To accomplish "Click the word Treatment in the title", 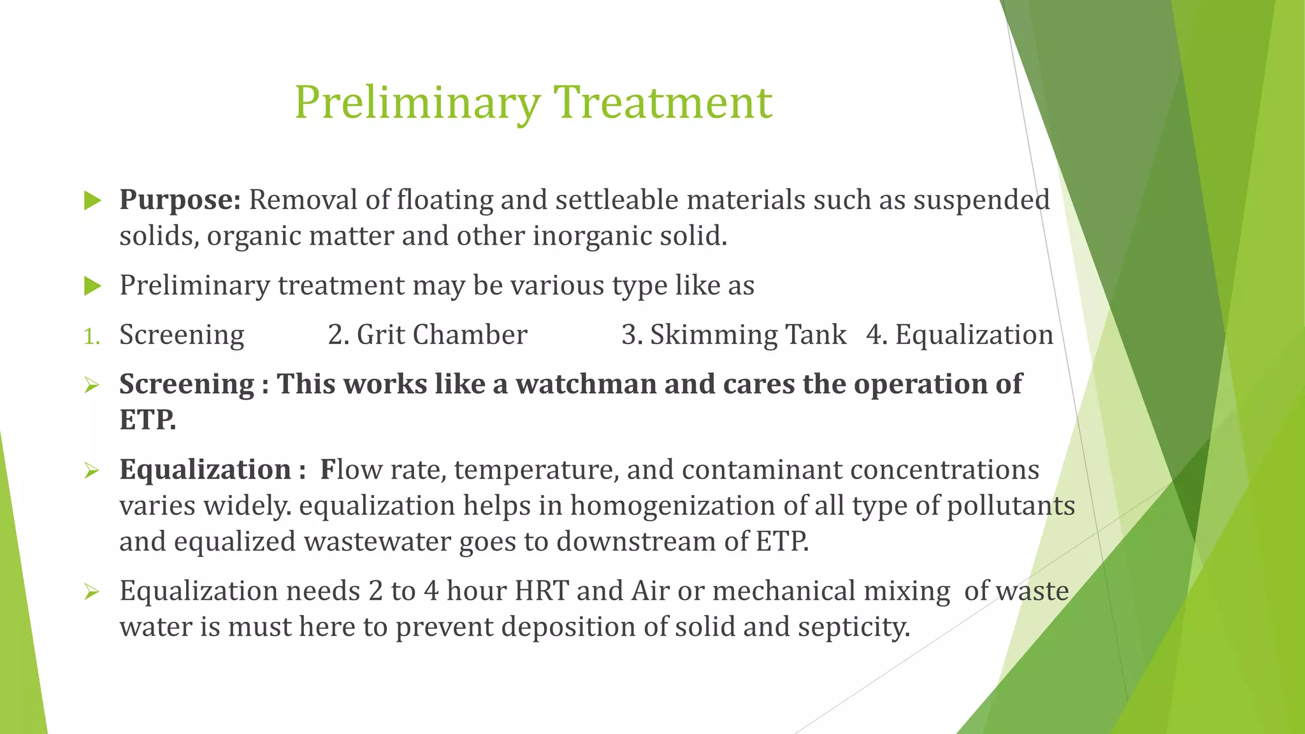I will tap(662, 103).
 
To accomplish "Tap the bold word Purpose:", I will tap(180, 200).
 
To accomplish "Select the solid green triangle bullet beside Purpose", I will tap(93, 201).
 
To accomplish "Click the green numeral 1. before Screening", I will tap(92, 336).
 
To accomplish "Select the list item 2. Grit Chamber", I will tap(428, 335).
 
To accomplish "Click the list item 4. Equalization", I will tap(959, 335).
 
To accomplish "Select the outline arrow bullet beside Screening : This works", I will tap(92, 385).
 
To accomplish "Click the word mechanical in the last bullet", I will tap(782, 591).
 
